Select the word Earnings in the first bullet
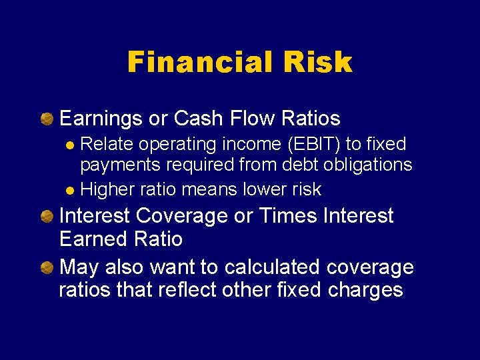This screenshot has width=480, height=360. tap(101, 119)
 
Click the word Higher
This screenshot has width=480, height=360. tap(107, 190)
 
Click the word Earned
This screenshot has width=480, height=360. tap(97, 239)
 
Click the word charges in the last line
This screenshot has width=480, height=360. tap(369, 290)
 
